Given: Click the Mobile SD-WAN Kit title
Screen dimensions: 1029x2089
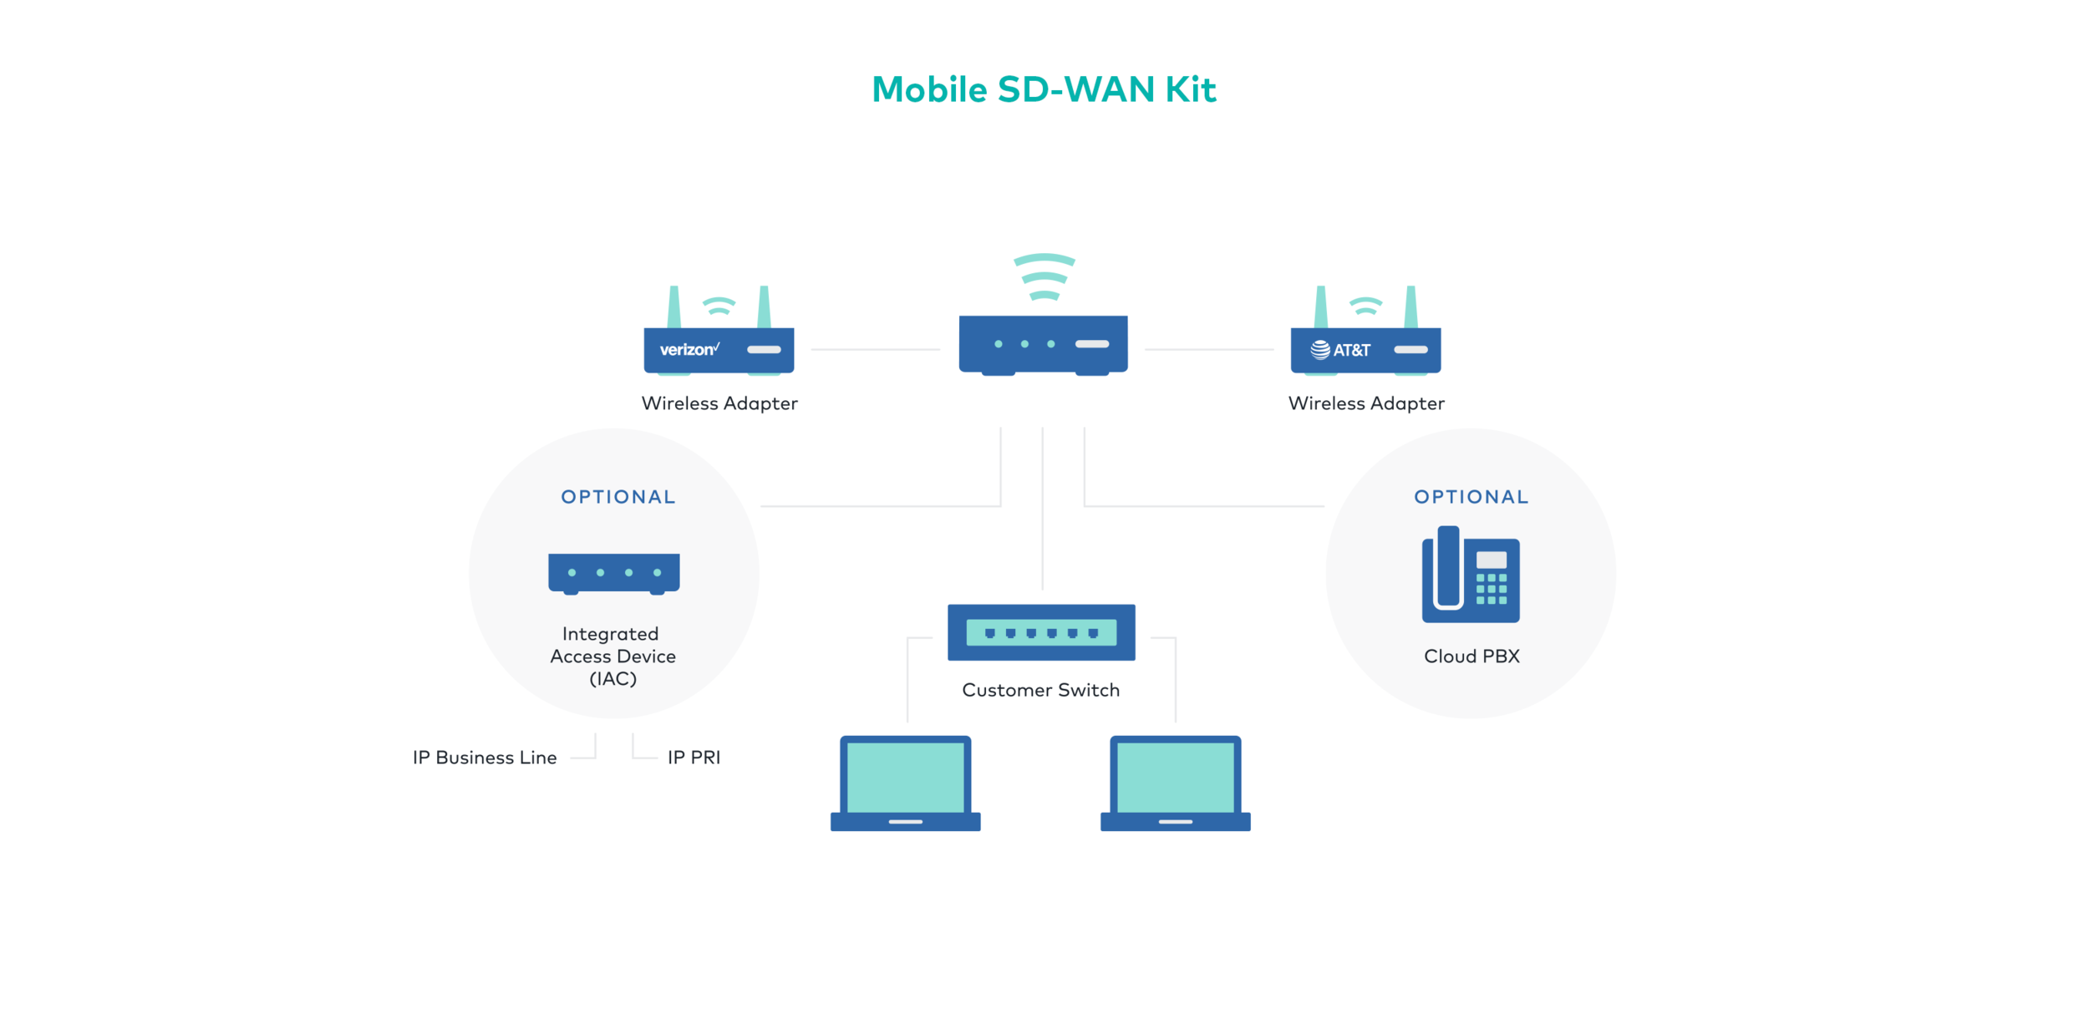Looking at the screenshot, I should (1044, 89).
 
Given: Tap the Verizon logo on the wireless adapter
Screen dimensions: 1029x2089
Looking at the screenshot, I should (689, 349).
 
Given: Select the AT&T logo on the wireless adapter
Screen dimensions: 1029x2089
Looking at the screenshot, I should (1340, 350).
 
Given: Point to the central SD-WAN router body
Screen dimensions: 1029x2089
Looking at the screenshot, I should (1043, 343).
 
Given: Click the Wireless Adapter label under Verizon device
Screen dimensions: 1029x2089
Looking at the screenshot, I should (719, 403).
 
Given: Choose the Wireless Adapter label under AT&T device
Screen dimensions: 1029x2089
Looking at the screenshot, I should (1366, 403).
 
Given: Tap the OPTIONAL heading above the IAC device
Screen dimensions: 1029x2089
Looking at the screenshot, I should (618, 497).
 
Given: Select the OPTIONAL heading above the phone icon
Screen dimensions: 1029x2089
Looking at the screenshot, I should (1471, 497).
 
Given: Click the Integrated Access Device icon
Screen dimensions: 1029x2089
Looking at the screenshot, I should (613, 573).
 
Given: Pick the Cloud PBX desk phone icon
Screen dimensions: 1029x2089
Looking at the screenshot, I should (1471, 575).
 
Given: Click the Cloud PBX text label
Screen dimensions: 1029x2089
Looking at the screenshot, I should (1471, 656).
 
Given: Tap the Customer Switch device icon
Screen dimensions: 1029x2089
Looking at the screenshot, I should (1041, 632).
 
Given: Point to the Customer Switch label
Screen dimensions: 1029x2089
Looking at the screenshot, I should (1040, 691).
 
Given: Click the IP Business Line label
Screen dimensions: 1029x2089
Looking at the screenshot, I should (485, 758).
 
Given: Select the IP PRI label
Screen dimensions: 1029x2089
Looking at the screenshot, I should (694, 758).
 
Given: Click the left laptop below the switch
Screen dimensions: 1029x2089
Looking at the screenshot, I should (905, 783).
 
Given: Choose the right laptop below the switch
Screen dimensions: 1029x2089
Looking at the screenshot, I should (1175, 783).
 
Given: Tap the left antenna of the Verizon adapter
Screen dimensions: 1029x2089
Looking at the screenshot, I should (673, 307).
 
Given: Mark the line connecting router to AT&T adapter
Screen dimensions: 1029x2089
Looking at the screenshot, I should (1208, 349).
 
